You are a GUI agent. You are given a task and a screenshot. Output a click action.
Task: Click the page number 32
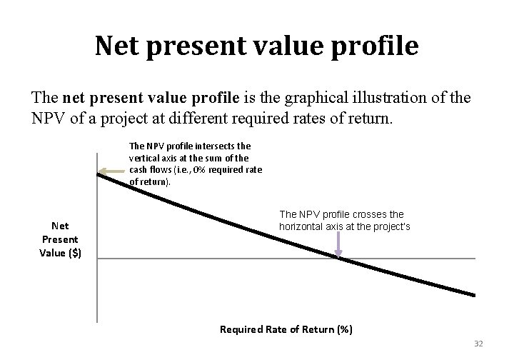(x=478, y=344)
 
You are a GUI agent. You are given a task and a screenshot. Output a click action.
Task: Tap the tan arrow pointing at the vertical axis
(x=111, y=171)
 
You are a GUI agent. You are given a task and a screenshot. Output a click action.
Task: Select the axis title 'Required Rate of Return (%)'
(x=286, y=329)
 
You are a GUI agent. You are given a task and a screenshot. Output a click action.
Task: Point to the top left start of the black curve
(x=99, y=174)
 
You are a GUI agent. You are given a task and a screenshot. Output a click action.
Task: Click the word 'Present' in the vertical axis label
(x=60, y=239)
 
